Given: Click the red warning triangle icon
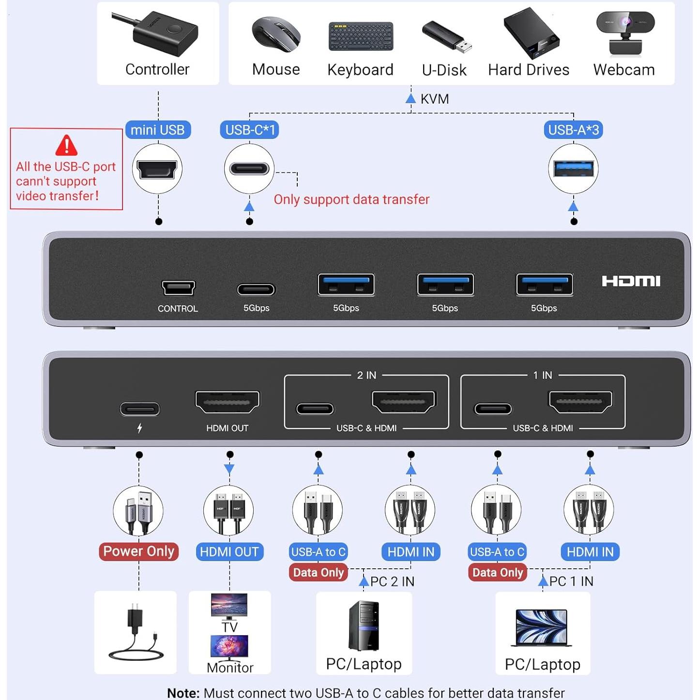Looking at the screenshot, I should coord(66,145).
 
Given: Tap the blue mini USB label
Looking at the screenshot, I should coord(158,130).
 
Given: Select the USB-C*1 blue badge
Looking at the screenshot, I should coord(249,130).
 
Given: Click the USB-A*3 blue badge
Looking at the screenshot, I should coord(573,130).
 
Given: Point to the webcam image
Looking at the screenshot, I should coord(625,34).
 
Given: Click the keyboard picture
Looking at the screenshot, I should coord(361,36).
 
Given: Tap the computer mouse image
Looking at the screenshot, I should coord(276,34).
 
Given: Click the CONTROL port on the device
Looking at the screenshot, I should coord(178,288).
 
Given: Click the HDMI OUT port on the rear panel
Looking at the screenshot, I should coord(227,402).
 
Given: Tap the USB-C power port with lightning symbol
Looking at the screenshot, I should coord(139,409).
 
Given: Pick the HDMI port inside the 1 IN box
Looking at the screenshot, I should coord(580,402).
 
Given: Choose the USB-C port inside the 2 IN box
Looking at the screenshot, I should coord(315,409).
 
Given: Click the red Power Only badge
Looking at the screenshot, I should coord(138,551).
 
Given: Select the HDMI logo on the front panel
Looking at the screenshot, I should coord(631,281).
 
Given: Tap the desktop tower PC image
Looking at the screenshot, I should coord(364,625).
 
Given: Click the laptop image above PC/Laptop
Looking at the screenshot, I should coord(542,628).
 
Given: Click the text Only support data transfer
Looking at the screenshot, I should coord(351,199).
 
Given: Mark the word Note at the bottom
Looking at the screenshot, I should coord(183,693).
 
